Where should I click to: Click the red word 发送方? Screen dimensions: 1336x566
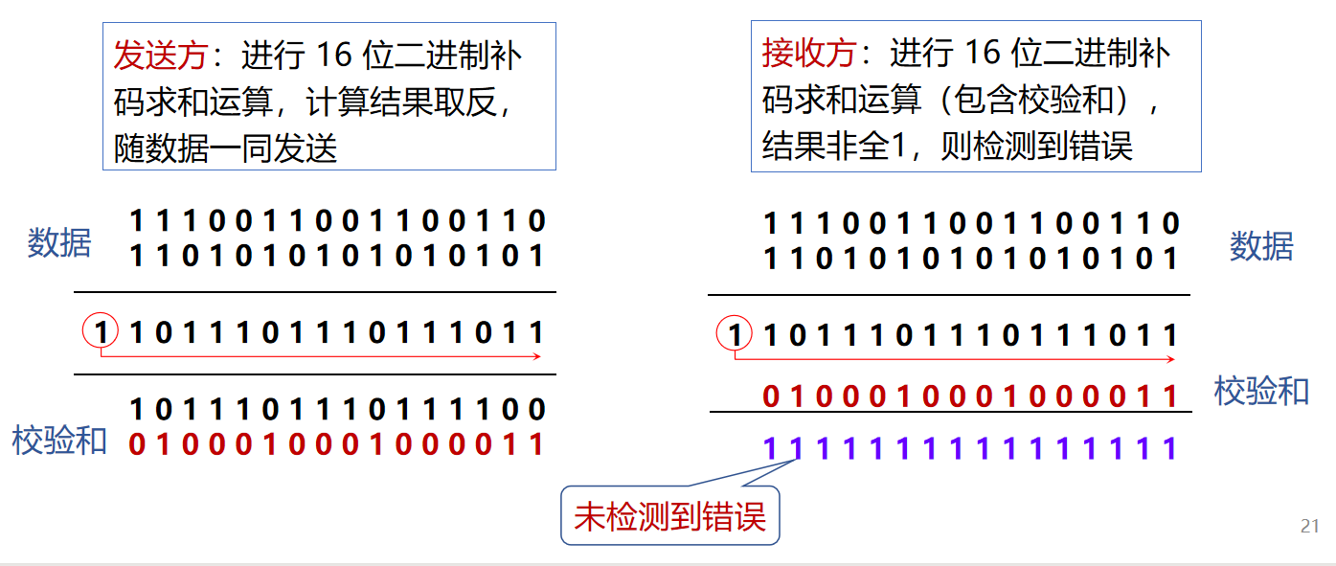[160, 56]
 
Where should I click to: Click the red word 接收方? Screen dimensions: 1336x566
[808, 54]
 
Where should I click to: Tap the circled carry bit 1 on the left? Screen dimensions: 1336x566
[101, 332]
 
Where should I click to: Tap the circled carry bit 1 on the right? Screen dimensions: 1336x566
[735, 335]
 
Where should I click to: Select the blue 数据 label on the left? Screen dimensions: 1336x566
[59, 243]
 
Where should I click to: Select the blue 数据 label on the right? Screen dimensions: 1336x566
[1261, 247]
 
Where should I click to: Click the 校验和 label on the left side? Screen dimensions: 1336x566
[59, 441]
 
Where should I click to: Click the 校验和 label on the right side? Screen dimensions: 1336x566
[1261, 391]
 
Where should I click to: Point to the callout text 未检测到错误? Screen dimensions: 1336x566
[670, 518]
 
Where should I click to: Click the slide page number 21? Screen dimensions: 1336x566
[1310, 526]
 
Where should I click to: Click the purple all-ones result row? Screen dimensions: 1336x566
[970, 447]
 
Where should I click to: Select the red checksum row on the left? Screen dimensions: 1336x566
[336, 444]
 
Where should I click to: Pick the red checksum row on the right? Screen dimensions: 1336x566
[970, 395]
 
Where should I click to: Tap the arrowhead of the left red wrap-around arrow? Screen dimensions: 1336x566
[539, 356]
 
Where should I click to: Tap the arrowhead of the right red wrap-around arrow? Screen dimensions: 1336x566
[1171, 359]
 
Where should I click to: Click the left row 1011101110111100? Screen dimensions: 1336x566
[336, 410]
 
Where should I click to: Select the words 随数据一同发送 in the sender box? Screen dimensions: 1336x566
[226, 149]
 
